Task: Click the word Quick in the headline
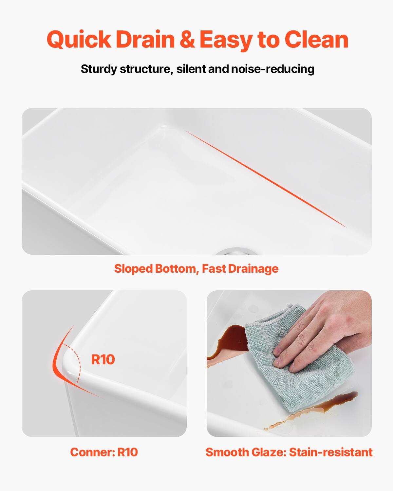pos(79,40)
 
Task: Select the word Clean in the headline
pos(316,40)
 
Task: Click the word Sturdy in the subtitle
pos(99,69)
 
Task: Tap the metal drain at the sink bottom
pos(237,251)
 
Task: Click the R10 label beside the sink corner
pos(103,359)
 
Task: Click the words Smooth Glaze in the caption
pos(246,452)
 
